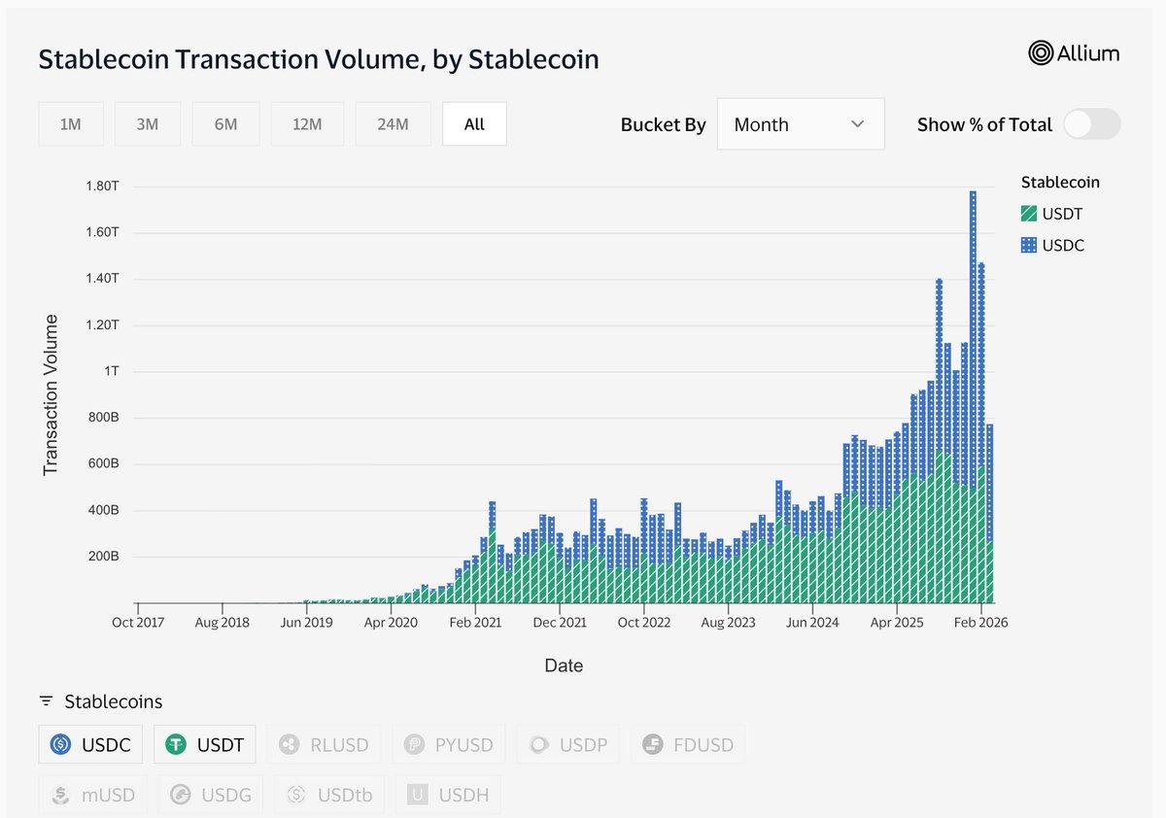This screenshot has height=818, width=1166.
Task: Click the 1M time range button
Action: click(70, 124)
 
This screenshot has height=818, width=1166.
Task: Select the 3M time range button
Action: click(147, 124)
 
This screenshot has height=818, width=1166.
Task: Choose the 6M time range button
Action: click(225, 124)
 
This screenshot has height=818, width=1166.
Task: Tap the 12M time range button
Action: click(307, 124)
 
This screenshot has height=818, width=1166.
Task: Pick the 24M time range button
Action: click(393, 124)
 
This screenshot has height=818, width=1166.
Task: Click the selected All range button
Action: click(474, 124)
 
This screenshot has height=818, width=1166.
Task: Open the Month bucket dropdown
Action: click(800, 124)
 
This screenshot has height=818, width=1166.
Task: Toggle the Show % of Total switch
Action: click(1091, 124)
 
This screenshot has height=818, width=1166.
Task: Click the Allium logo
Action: click(1074, 53)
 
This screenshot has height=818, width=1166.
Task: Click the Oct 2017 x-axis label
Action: click(137, 623)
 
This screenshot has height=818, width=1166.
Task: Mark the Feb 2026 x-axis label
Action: click(980, 623)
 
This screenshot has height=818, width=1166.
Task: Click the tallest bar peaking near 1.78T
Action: click(973, 389)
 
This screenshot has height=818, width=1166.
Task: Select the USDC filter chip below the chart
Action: click(90, 745)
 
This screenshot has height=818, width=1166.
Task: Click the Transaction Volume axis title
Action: click(51, 395)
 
